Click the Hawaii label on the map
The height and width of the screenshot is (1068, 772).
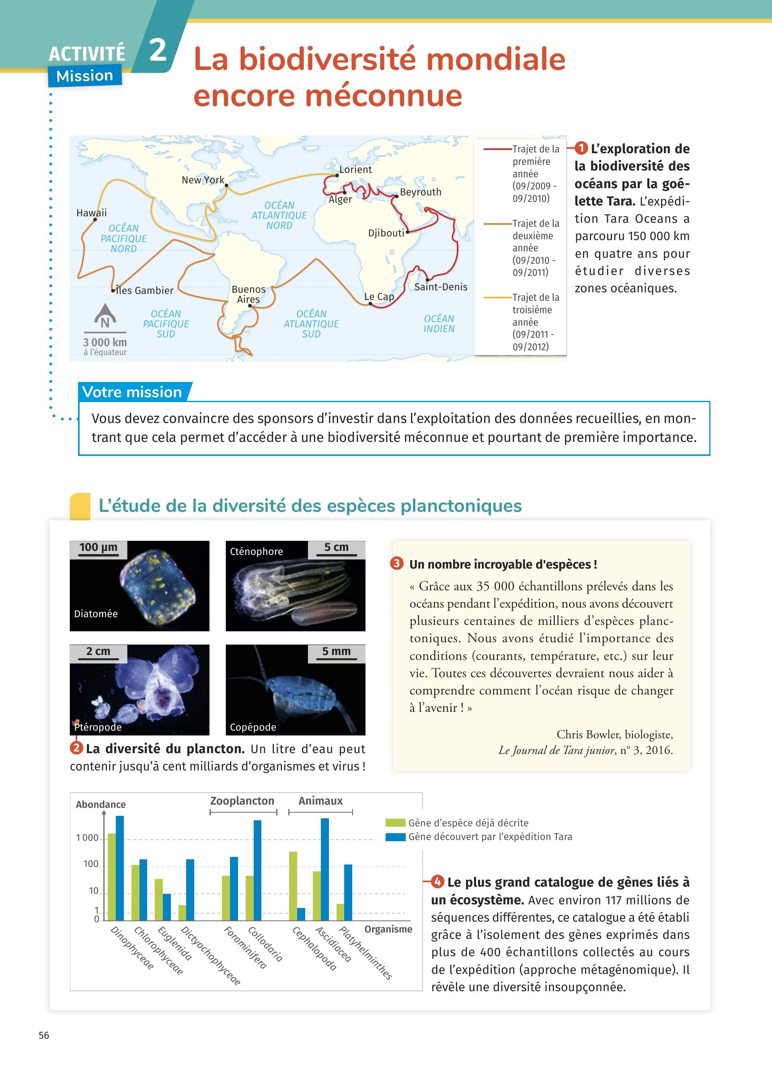click(x=91, y=213)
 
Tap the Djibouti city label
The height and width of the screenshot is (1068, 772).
click(x=386, y=233)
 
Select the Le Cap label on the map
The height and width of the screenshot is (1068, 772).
click(x=379, y=297)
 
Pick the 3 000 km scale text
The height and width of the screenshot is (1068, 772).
click(x=105, y=342)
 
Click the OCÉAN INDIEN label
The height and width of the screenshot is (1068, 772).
click(x=439, y=324)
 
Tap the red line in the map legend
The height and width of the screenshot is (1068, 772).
click(x=497, y=149)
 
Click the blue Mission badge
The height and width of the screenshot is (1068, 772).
click(x=85, y=76)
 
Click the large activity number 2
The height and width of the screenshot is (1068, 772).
click(x=158, y=50)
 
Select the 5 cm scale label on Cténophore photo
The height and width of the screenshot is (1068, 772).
click(x=336, y=548)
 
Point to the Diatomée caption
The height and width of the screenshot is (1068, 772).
click(x=96, y=614)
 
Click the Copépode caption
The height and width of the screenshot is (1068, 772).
click(x=253, y=727)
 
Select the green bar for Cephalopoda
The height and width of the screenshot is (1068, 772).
click(x=293, y=886)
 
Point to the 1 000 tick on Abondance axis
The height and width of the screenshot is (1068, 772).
click(x=87, y=838)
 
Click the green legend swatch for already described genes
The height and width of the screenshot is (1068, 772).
click(x=395, y=823)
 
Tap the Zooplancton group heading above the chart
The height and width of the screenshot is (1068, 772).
click(x=242, y=801)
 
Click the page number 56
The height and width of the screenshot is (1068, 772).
click(x=44, y=1035)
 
